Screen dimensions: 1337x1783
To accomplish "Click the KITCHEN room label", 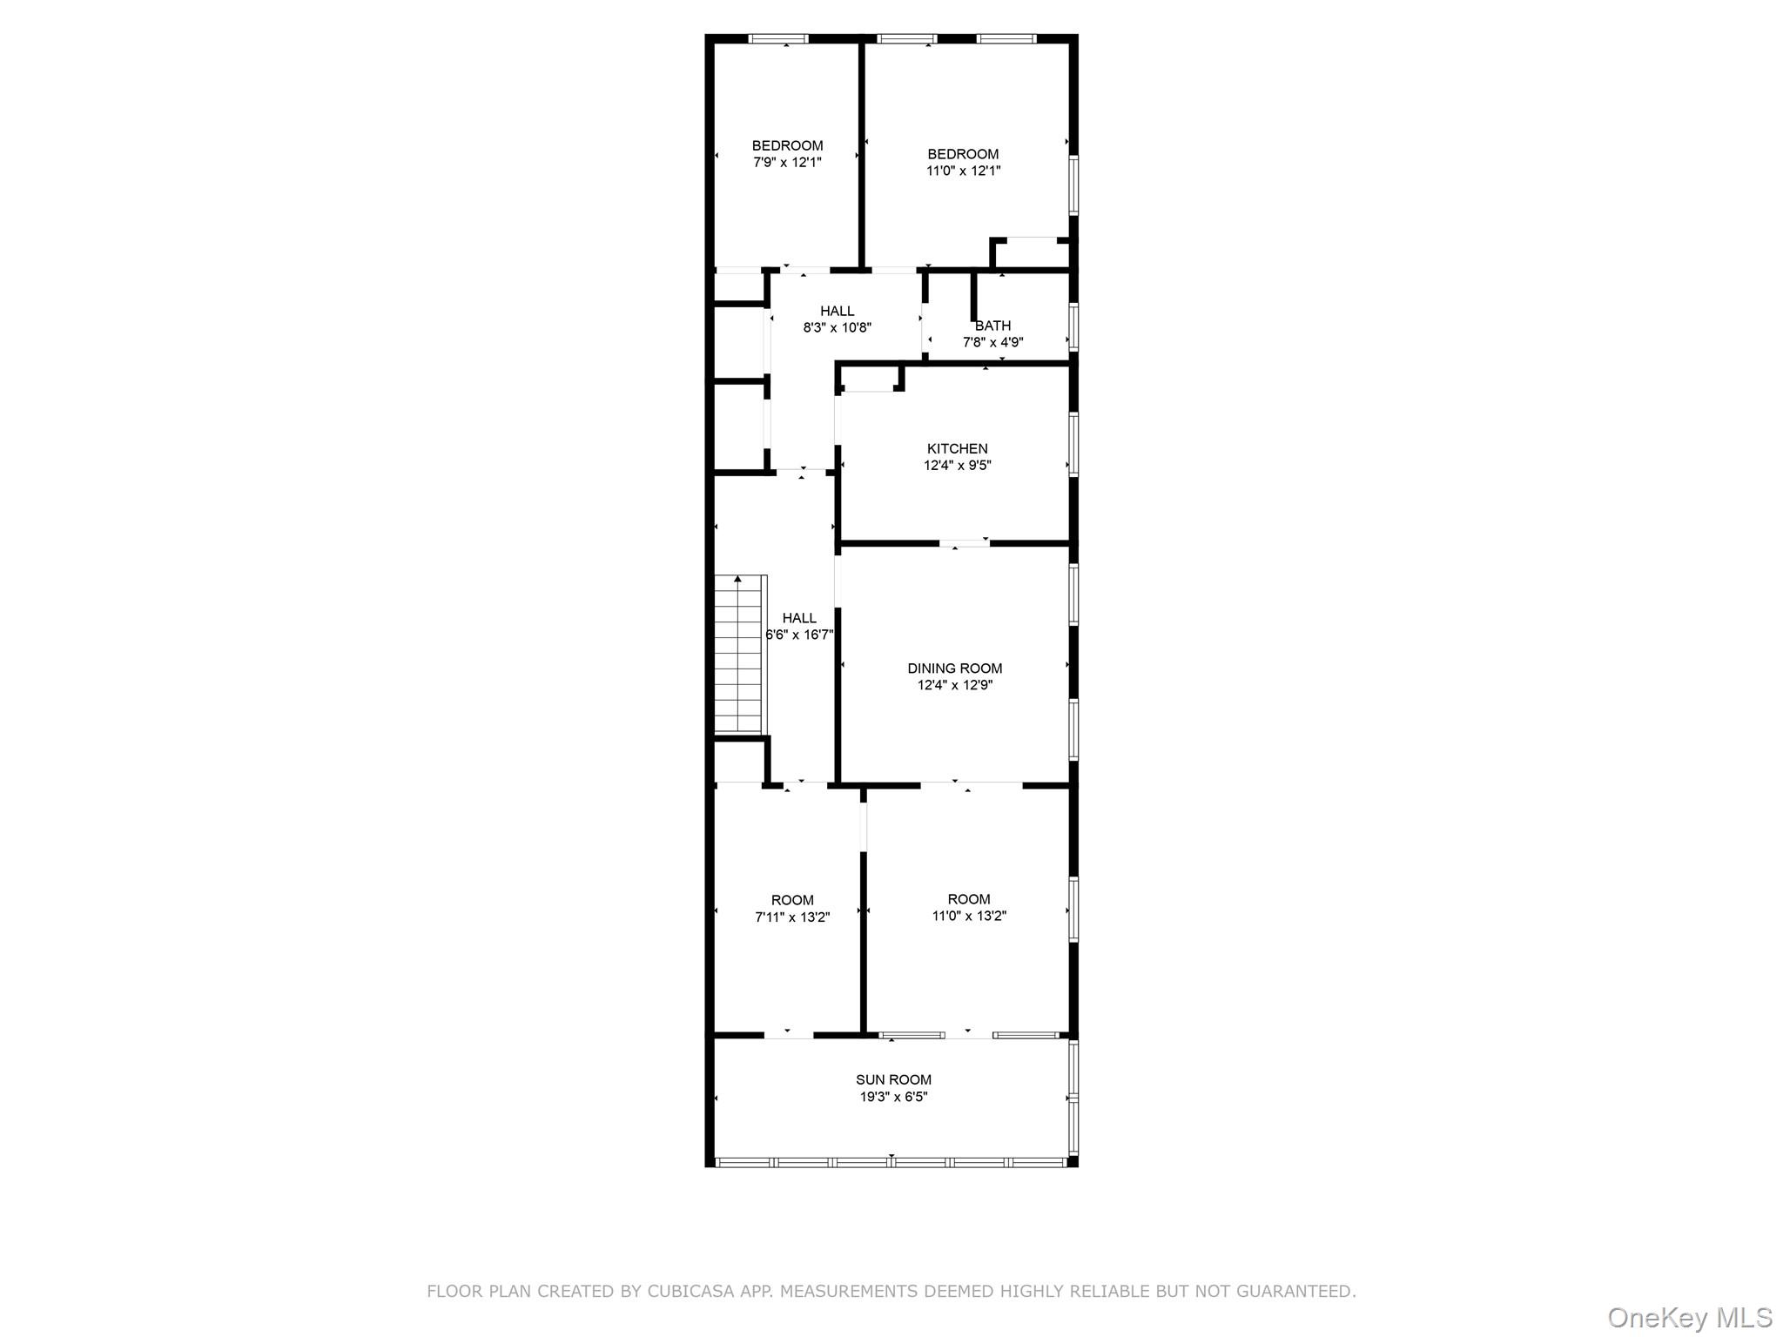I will [957, 449].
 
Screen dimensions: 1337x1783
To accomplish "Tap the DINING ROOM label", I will [954, 668].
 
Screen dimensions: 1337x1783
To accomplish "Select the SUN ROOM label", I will [893, 1080].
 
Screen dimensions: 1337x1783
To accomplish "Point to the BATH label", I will [992, 326].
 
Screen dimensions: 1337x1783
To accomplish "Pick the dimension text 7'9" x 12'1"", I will [787, 162].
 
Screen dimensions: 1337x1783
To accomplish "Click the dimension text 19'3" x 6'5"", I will [893, 1097].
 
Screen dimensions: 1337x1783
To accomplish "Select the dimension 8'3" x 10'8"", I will [837, 328].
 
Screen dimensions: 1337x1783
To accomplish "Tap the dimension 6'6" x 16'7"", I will [799, 635].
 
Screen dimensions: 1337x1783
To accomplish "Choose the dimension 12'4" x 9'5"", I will [957, 466].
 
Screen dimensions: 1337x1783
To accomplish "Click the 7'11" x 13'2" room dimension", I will [792, 917].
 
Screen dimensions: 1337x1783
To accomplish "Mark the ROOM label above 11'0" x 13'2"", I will [969, 899].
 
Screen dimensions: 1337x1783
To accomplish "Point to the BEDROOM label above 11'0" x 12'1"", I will [963, 154].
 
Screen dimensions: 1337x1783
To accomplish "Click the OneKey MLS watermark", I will [1689, 1318].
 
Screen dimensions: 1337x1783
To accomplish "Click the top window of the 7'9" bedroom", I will [778, 38].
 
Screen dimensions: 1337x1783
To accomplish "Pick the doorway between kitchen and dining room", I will [964, 544].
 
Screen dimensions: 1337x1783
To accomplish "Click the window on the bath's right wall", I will [1073, 326].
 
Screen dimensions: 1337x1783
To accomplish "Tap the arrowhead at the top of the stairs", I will [738, 579].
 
